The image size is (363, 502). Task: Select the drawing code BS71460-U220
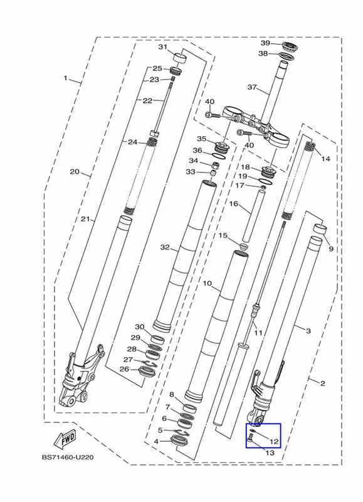tap(68, 457)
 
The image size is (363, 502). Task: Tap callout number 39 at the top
tap(265, 43)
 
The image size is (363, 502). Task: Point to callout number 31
tap(163, 47)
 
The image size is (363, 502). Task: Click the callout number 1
tap(66, 78)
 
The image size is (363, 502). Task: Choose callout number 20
tap(75, 172)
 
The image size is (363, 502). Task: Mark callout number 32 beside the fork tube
tap(165, 247)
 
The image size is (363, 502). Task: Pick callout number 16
tap(234, 203)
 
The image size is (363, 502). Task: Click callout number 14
tap(325, 159)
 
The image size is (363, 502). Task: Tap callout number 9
tap(330, 248)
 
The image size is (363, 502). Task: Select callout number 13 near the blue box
tap(270, 452)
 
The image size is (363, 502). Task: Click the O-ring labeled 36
tap(219, 155)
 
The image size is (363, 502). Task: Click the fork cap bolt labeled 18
tap(269, 173)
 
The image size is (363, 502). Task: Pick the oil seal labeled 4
tap(181, 441)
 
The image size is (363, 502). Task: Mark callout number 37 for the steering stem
tap(252, 87)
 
